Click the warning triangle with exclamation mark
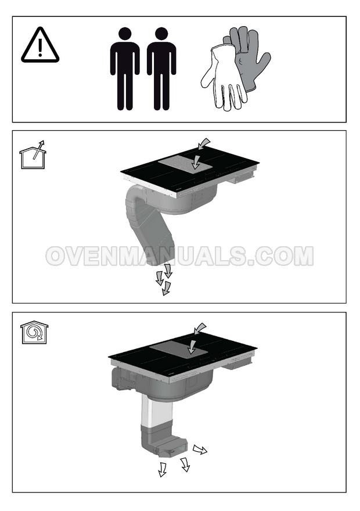pyautogui.click(x=40, y=46)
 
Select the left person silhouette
pyautogui.click(x=125, y=69)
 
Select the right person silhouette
pyautogui.click(x=161, y=69)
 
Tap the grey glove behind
pyautogui.click(x=249, y=55)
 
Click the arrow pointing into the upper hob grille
pyautogui.click(x=196, y=162)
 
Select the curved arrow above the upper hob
pyautogui.click(x=204, y=143)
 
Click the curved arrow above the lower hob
pyautogui.click(x=199, y=329)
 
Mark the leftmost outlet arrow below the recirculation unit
pyautogui.click(x=162, y=469)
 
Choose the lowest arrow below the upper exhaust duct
pyautogui.click(x=167, y=289)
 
